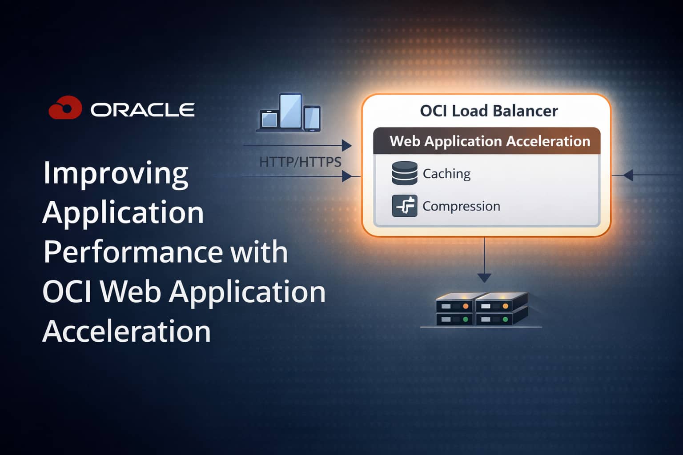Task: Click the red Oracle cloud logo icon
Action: [x=65, y=108]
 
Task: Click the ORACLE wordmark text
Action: [x=143, y=110]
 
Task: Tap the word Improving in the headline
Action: [x=116, y=174]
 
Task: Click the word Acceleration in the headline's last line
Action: [x=127, y=331]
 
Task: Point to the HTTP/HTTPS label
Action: [x=300, y=162]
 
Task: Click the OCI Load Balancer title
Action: [x=489, y=111]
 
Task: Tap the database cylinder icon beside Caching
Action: [x=405, y=173]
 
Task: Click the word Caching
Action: [x=446, y=174]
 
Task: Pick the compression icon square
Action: [x=405, y=206]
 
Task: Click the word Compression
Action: [x=461, y=206]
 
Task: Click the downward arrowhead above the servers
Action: [x=484, y=278]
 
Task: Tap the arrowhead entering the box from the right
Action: [x=628, y=175]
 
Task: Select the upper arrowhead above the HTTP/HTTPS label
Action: [x=346, y=145]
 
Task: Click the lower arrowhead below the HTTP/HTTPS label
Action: [x=346, y=176]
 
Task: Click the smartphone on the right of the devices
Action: [x=312, y=118]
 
